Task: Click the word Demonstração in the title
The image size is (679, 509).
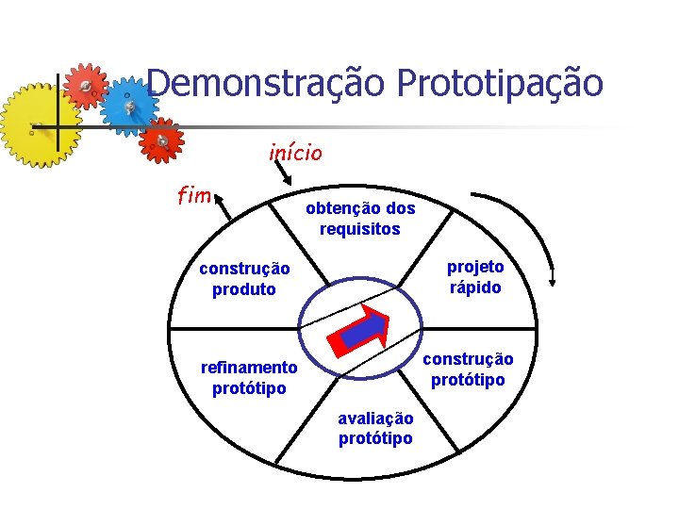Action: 266,83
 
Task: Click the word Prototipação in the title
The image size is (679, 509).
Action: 500,83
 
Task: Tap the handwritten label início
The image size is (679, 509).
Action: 295,151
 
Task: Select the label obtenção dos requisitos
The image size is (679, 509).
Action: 359,219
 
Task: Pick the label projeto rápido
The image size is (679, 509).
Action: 475,277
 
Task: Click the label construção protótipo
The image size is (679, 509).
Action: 468,369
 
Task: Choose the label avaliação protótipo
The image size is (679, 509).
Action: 375,429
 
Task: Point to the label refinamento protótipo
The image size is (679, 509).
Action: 249,378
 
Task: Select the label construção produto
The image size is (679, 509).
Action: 244,279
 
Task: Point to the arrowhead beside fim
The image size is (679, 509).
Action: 216,197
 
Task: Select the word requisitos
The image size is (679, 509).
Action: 359,229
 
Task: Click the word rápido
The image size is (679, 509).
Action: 475,287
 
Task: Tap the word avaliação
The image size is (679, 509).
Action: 375,419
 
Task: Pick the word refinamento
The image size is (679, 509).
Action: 249,368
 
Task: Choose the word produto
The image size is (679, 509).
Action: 244,289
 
